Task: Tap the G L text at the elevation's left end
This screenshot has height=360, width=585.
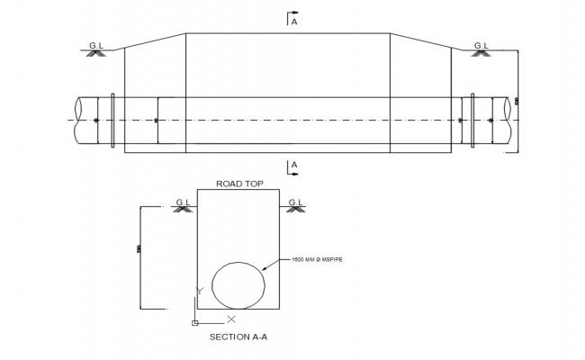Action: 95,44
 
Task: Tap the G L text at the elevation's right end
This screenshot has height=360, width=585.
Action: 481,44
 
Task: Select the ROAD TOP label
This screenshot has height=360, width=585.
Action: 238,184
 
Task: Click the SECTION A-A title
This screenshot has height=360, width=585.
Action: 238,337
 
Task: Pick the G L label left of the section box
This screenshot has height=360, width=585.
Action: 183,202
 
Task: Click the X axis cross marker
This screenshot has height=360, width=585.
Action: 231,319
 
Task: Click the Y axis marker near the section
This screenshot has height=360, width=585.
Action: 200,291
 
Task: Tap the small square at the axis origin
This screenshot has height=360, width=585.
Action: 194,321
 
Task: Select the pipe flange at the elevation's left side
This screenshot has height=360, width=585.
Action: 112,120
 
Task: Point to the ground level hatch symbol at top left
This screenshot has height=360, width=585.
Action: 94,53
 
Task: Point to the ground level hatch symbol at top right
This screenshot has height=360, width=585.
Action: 480,53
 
